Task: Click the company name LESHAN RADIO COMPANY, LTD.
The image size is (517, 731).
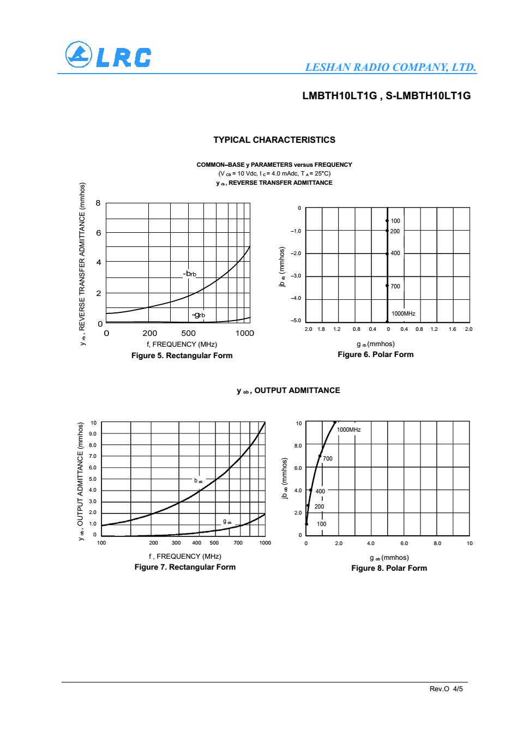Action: (x=391, y=68)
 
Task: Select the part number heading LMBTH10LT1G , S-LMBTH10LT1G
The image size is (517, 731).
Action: (x=386, y=96)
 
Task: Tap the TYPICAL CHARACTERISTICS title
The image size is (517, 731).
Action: (x=274, y=140)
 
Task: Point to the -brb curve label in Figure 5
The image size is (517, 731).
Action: (x=190, y=273)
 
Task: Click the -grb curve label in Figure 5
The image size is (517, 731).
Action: (x=198, y=315)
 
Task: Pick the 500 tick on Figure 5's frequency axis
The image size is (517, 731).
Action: (x=188, y=333)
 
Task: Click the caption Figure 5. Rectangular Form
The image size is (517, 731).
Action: (x=182, y=355)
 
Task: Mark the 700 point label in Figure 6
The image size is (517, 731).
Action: (x=395, y=286)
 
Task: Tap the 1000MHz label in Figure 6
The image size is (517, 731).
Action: (x=404, y=313)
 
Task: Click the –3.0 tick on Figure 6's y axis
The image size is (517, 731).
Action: (x=296, y=276)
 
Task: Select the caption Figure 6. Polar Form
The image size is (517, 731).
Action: (x=375, y=354)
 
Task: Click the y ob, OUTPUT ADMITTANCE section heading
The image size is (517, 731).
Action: (x=288, y=390)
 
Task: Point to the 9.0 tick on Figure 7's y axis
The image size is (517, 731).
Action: (x=93, y=434)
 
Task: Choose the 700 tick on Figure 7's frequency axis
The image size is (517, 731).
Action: (x=238, y=543)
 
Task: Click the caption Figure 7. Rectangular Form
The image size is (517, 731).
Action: (x=185, y=567)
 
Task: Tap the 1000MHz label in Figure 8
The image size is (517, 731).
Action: (x=348, y=430)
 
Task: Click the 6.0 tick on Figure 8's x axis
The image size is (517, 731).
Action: (x=404, y=543)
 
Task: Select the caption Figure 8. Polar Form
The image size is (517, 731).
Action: (x=389, y=568)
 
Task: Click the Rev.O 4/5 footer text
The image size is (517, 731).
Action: (x=446, y=689)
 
